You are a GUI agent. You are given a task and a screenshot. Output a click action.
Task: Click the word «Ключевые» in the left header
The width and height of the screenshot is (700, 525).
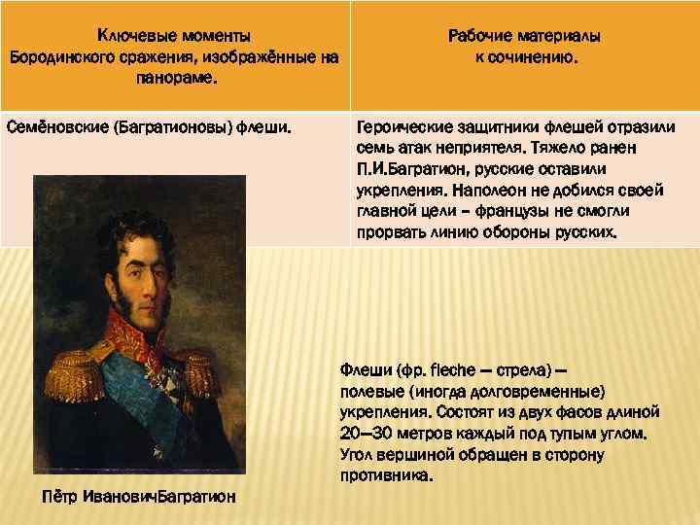[x=132, y=36]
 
